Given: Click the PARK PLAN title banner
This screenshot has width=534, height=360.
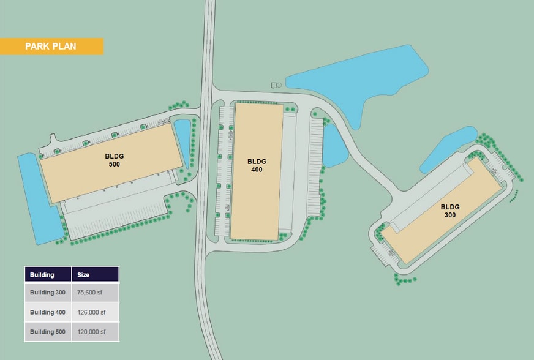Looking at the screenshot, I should (51, 47).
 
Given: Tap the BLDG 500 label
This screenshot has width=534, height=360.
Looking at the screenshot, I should (115, 160).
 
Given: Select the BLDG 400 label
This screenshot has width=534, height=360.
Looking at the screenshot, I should (256, 165).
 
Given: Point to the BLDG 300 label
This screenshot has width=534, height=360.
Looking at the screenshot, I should (450, 211).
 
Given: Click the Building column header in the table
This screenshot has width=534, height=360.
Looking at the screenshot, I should (48, 275).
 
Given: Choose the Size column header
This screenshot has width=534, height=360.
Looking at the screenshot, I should (95, 275).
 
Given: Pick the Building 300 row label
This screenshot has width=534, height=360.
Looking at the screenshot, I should (48, 293).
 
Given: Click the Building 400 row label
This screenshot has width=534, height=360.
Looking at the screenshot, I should (48, 312).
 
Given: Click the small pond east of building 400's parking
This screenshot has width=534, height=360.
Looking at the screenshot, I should (332, 146).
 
